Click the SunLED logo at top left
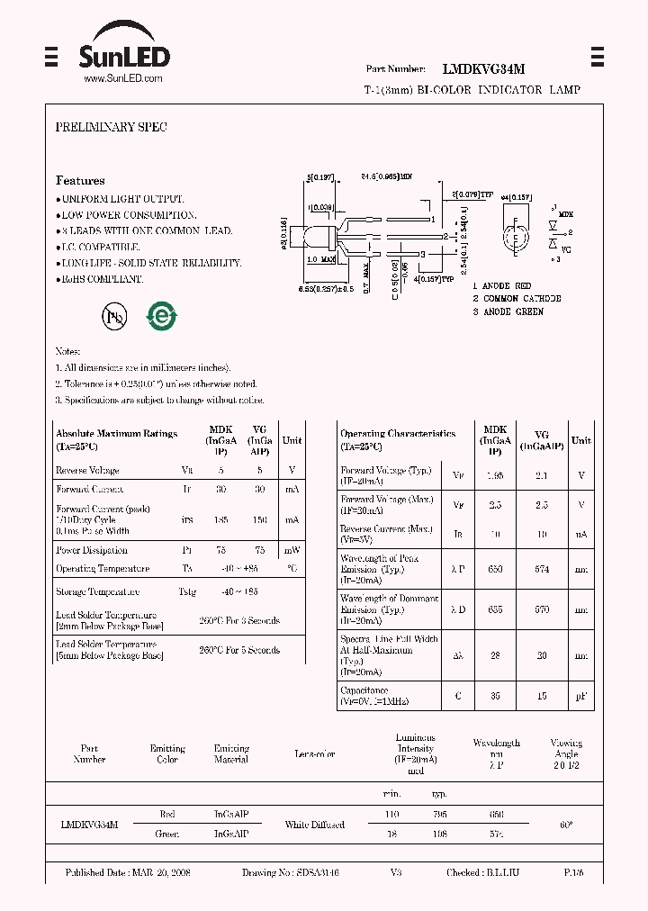123,51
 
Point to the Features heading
80,181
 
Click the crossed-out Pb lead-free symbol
115,316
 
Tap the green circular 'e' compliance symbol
163,316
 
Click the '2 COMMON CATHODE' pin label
517,299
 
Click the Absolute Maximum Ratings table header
116,434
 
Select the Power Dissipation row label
92,550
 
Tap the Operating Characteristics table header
398,434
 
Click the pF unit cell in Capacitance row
582,696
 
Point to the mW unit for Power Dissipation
292,550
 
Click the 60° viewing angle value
566,825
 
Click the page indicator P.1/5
573,873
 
